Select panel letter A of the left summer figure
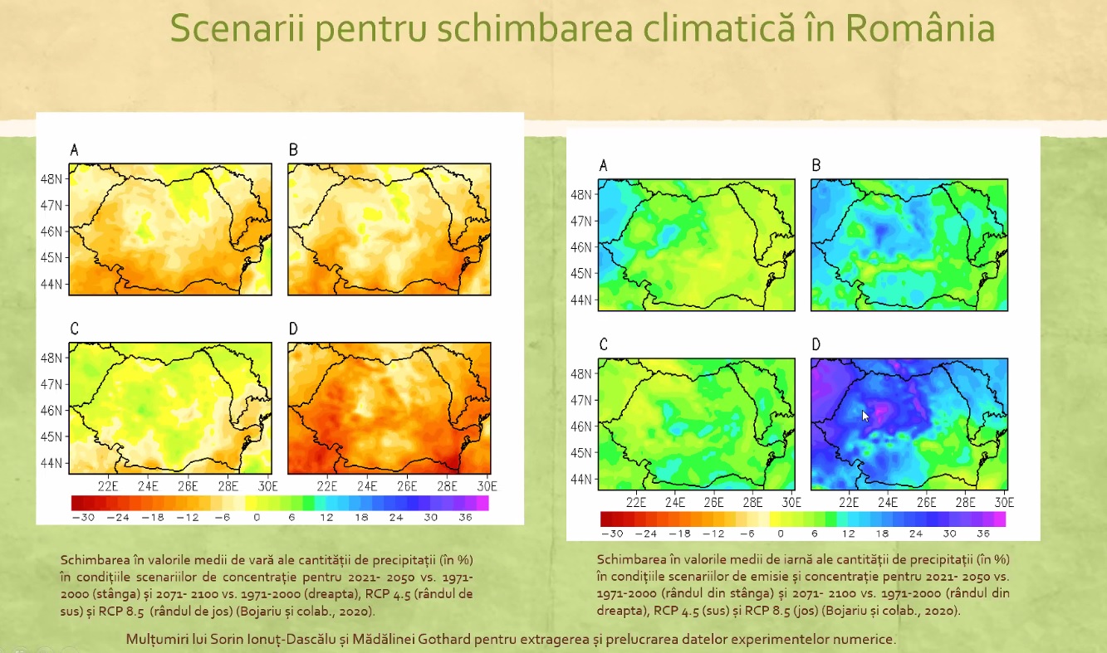[x=75, y=150]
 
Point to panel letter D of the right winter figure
[x=816, y=344]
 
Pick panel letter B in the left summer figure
[x=293, y=150]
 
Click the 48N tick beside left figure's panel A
[x=51, y=178]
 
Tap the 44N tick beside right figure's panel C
[x=581, y=479]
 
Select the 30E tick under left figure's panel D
[x=487, y=485]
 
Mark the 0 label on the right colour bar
[x=781, y=533]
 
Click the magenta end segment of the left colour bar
[x=482, y=503]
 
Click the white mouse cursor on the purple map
[x=865, y=416]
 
